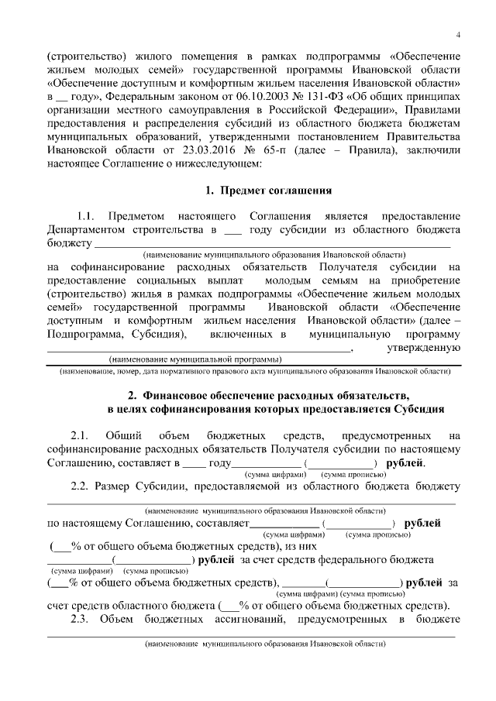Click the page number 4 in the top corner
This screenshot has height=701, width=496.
(x=458, y=34)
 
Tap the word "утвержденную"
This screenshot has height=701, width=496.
(x=424, y=349)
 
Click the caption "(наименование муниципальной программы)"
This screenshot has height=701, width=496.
(x=195, y=360)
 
